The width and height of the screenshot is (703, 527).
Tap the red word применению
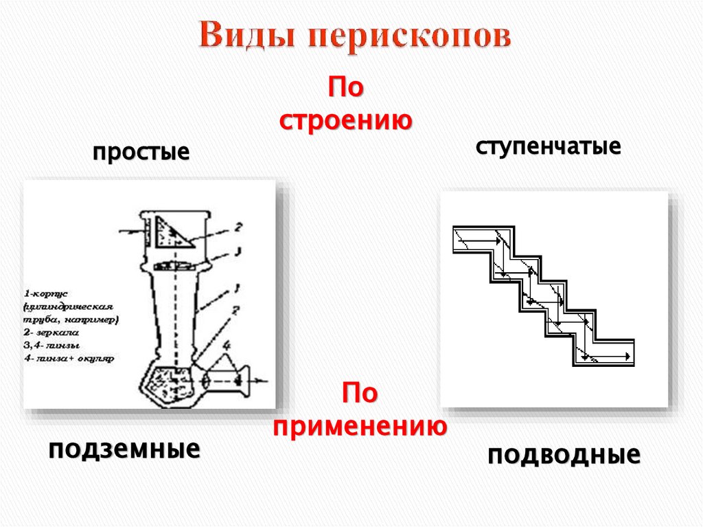click(x=360, y=426)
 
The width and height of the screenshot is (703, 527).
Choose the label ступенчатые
click(x=547, y=146)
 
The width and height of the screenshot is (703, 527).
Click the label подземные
click(x=124, y=449)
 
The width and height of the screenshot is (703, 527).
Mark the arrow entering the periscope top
click(x=131, y=232)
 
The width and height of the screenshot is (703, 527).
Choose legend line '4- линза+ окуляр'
click(x=68, y=358)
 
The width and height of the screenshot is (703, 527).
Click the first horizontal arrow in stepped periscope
click(x=481, y=241)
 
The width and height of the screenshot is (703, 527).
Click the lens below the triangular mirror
click(x=172, y=265)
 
